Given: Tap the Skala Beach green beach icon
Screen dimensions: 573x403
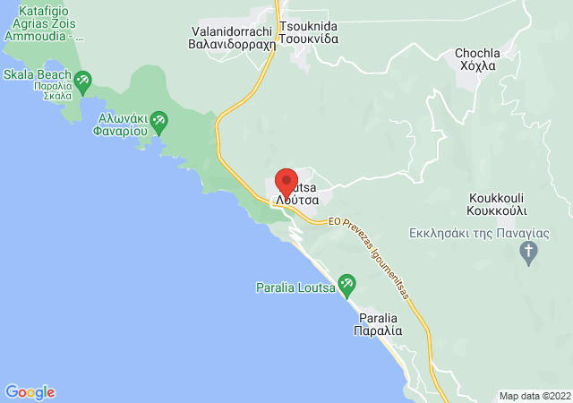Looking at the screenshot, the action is [x=82, y=81].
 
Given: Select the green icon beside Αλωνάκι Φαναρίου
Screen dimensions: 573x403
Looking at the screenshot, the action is [x=159, y=119].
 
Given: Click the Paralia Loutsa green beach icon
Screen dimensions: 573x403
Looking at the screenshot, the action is [x=346, y=286].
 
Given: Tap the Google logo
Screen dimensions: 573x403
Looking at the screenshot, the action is [x=30, y=392].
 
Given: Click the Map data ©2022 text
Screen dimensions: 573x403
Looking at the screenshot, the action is [x=534, y=396].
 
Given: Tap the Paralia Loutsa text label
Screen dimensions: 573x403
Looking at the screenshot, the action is [x=295, y=287].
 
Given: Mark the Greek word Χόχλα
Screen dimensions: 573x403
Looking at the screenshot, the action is [x=478, y=67].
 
